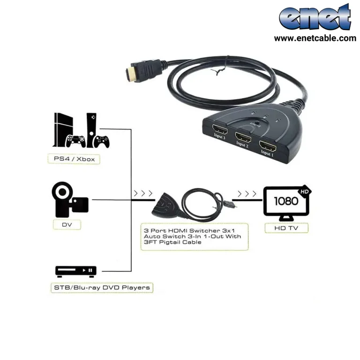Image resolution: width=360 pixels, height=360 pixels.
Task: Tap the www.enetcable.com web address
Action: pos(315,38)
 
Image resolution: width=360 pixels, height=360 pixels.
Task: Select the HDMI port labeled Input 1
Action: pos(268,146)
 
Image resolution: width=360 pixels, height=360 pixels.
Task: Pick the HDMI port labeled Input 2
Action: pos(243,138)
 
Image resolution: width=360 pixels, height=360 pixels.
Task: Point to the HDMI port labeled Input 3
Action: pos(220,130)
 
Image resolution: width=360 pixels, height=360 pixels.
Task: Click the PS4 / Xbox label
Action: pos(74,159)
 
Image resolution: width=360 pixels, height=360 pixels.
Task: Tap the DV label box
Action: pos(67,225)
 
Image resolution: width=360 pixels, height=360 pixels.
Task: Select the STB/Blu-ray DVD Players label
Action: pos(102,287)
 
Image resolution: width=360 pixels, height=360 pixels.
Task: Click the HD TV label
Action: pos(286,228)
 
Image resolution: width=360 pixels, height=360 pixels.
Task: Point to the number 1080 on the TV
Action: pos(286,201)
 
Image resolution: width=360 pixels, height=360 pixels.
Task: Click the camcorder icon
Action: pos(69,200)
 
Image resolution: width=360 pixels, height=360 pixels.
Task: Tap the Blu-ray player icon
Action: pos(76,271)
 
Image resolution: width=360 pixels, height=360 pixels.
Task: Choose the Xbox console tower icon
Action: pos(91,130)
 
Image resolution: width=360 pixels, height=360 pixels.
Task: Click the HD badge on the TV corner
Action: pos(304,191)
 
